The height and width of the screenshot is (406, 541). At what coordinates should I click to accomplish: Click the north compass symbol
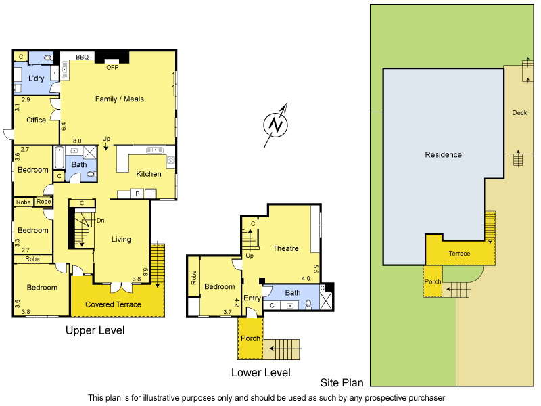click(275, 124)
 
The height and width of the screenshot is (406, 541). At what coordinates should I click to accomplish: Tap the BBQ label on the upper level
click(83, 58)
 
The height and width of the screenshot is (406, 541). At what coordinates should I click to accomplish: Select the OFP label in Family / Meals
click(112, 68)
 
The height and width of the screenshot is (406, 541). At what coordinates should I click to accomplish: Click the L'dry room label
click(36, 78)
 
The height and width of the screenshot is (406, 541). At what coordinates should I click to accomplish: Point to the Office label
click(36, 120)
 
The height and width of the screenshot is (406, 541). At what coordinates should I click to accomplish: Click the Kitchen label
click(149, 174)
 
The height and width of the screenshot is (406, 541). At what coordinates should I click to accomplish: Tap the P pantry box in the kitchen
click(137, 194)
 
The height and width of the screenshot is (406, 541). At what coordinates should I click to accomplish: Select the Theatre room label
click(285, 248)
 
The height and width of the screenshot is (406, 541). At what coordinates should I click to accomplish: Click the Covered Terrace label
click(113, 304)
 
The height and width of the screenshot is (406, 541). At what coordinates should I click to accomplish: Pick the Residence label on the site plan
click(443, 154)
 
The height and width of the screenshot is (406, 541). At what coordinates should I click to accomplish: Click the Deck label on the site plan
click(519, 113)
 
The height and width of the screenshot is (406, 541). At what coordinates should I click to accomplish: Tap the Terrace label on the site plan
click(459, 254)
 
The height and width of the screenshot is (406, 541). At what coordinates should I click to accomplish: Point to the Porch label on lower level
click(250, 338)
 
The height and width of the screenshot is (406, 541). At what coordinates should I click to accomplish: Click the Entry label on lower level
click(252, 298)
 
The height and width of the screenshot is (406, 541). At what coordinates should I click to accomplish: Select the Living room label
click(121, 239)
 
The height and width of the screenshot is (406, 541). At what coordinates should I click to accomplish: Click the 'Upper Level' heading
click(95, 330)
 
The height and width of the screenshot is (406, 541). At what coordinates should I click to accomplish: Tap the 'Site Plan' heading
click(342, 383)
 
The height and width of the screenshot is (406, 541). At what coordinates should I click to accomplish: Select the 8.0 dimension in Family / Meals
click(77, 139)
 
